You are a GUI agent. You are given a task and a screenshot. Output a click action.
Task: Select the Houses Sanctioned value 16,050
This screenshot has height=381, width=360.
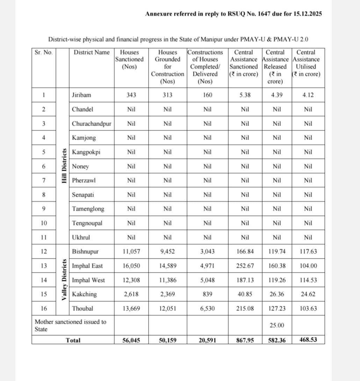pyautogui.click(x=131, y=266)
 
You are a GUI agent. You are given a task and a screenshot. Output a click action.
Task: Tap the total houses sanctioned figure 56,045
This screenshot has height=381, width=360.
pyautogui.click(x=131, y=340)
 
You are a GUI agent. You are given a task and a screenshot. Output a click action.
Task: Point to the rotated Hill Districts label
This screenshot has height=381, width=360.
pyautogui.click(x=64, y=166)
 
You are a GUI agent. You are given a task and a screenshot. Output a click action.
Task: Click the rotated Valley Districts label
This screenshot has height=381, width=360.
pyautogui.click(x=64, y=280)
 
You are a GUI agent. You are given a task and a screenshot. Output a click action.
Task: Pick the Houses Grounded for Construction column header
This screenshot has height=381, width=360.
pyautogui.click(x=167, y=67)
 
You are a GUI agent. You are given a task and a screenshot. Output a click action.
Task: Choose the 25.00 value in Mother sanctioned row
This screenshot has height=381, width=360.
pyautogui.click(x=276, y=325)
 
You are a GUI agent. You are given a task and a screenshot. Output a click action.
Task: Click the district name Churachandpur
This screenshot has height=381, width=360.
pyautogui.click(x=92, y=124)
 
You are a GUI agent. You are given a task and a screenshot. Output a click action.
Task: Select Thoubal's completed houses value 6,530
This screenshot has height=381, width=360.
pyautogui.click(x=207, y=309)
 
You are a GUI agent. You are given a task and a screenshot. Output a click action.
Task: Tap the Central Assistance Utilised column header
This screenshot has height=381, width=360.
pyautogui.click(x=306, y=63)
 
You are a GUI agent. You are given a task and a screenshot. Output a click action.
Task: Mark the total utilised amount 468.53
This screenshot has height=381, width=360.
pyautogui.click(x=308, y=340)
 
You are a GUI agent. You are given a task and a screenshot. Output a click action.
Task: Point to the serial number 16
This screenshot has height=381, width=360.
pyautogui.click(x=44, y=309)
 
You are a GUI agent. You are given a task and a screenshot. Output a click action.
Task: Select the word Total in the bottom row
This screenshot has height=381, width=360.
pyautogui.click(x=73, y=340)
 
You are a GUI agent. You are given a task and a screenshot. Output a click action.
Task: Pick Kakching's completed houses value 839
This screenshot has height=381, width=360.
pyautogui.click(x=207, y=294)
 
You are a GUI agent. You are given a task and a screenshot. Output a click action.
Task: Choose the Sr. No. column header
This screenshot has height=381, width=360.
pyautogui.click(x=44, y=52)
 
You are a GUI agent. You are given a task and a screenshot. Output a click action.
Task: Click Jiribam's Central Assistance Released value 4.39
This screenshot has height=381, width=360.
pyautogui.click(x=276, y=95)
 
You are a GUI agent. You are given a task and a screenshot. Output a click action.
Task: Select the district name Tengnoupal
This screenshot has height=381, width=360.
pyautogui.click(x=87, y=223)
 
